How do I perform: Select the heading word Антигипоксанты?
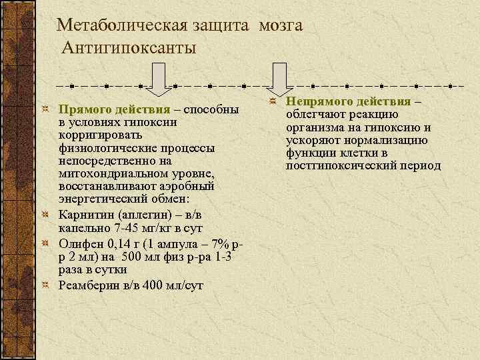click(x=129, y=48)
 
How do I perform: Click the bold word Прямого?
click(x=81, y=109)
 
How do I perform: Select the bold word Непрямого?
click(x=319, y=101)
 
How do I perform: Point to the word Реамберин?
click(x=87, y=285)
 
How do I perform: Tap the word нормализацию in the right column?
click(x=396, y=140)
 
